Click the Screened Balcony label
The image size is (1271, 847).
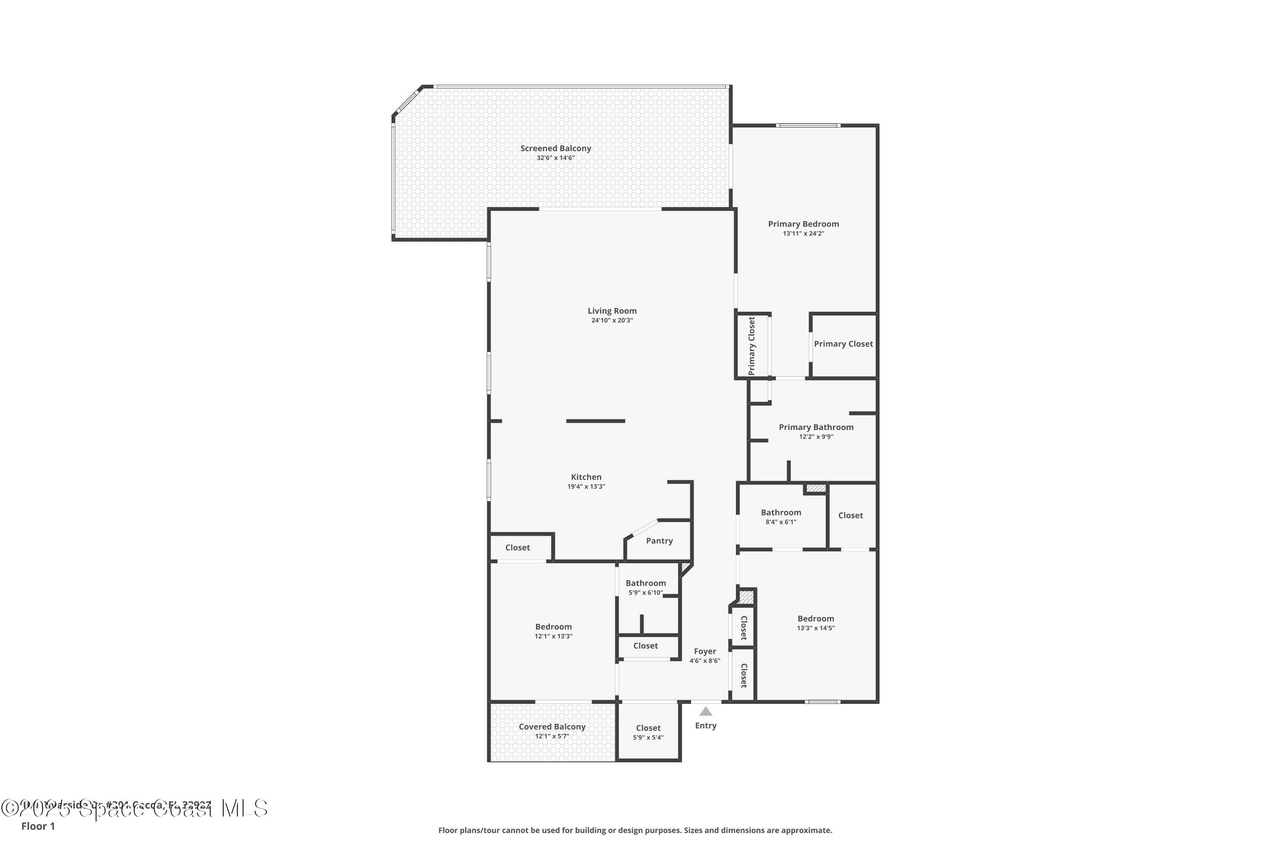555,148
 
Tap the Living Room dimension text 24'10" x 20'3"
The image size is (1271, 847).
612,320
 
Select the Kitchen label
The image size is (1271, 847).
586,477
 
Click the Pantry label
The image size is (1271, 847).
659,541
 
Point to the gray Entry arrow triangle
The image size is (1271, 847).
706,711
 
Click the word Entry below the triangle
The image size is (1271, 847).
706,725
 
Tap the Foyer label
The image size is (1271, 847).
705,651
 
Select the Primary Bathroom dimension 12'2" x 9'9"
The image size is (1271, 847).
816,437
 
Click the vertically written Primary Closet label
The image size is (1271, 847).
751,346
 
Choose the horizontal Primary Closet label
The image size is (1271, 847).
843,343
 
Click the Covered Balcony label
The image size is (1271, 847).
552,727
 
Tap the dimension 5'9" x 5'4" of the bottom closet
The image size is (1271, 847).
648,737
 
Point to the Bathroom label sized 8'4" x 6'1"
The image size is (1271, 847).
781,512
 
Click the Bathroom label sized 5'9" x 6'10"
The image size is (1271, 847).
645,583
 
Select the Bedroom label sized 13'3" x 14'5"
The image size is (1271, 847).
816,618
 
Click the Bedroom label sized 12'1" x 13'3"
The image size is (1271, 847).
553,627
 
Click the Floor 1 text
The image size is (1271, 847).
38,826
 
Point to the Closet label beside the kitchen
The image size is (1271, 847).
517,547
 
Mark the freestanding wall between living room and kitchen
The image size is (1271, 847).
596,421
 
